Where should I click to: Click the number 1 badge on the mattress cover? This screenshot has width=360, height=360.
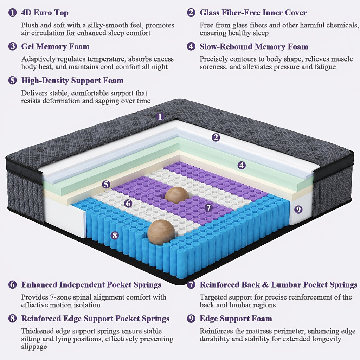click(x=160, y=116)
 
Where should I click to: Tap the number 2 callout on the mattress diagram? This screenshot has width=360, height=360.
click(x=216, y=137)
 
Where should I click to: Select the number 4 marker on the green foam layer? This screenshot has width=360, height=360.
click(x=241, y=165)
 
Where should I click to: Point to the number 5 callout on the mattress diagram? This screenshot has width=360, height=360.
click(x=106, y=184)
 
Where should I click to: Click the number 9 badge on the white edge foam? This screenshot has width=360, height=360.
click(x=298, y=209)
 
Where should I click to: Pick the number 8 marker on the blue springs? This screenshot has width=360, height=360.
click(x=115, y=235)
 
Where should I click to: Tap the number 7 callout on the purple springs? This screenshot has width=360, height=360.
click(x=208, y=207)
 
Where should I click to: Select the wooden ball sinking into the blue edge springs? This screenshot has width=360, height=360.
click(x=161, y=232)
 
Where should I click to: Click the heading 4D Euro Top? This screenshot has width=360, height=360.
click(x=45, y=13)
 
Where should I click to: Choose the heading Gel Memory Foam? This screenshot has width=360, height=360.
click(x=55, y=47)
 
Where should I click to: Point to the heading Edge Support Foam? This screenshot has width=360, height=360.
click(x=236, y=319)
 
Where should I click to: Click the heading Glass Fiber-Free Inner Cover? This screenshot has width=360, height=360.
click(x=253, y=13)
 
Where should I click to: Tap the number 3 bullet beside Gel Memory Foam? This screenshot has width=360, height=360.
click(x=12, y=46)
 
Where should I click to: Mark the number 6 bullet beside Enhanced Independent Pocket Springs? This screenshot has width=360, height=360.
click(x=12, y=285)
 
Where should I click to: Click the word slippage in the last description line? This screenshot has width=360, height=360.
click(x=34, y=346)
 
